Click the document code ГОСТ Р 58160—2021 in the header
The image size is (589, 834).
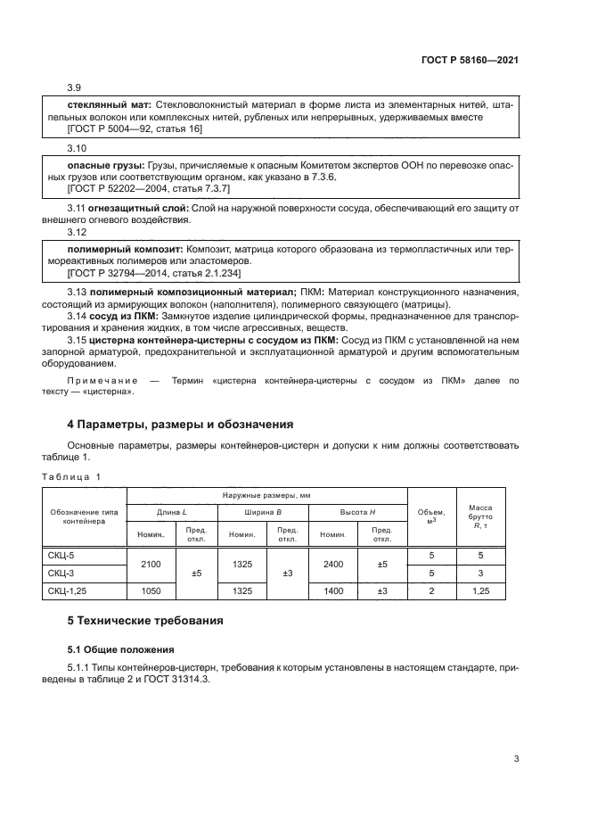pyautogui.click(x=470, y=60)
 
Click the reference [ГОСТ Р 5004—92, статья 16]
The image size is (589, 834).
pyautogui.click(x=135, y=129)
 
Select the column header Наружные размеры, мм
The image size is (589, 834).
pyautogui.click(x=267, y=494)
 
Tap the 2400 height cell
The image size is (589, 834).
pyautogui.click(x=332, y=564)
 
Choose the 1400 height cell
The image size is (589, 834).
pyautogui.click(x=332, y=590)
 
